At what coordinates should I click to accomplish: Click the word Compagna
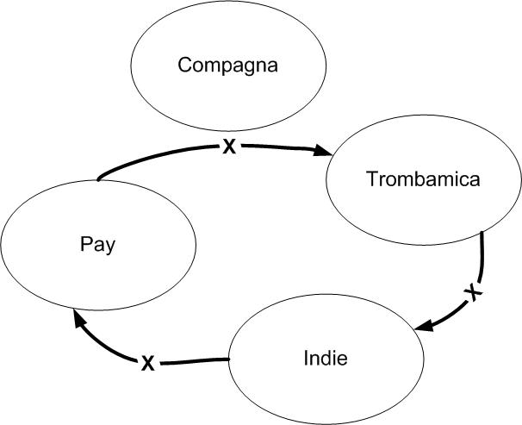click(227, 65)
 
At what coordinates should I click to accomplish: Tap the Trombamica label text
click(422, 179)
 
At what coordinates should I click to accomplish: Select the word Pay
click(100, 243)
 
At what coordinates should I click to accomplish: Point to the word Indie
click(326, 357)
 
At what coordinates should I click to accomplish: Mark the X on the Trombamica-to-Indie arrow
click(472, 294)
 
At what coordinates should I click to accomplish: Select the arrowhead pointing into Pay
click(78, 320)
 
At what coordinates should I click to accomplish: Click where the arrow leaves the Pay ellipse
click(99, 179)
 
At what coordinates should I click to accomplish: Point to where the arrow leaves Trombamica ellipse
click(482, 233)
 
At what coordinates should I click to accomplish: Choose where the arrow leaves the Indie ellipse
click(228, 359)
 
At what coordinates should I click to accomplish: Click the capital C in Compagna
click(183, 65)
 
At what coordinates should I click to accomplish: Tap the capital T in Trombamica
click(370, 179)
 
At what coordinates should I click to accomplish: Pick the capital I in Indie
click(307, 357)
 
